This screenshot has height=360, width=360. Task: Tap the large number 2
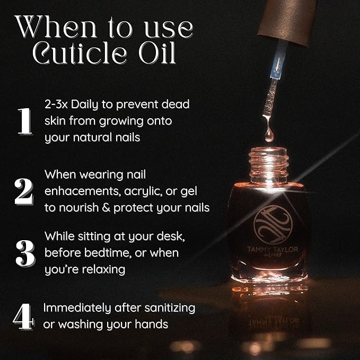click(x=24, y=191)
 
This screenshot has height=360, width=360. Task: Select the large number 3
click(x=24, y=254)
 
